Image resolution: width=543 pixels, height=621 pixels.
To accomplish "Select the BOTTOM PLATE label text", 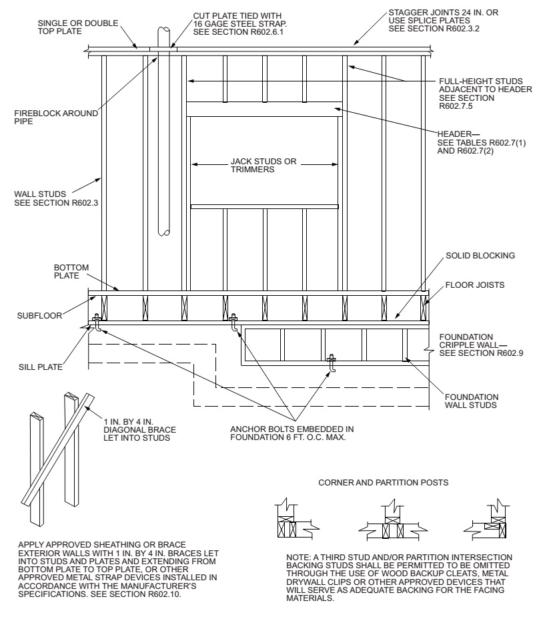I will [70, 271].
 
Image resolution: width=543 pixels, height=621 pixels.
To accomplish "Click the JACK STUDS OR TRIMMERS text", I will [263, 166].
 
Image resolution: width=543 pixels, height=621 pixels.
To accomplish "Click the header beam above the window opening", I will [264, 109].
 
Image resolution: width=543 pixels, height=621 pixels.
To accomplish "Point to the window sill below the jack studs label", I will [264, 207].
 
